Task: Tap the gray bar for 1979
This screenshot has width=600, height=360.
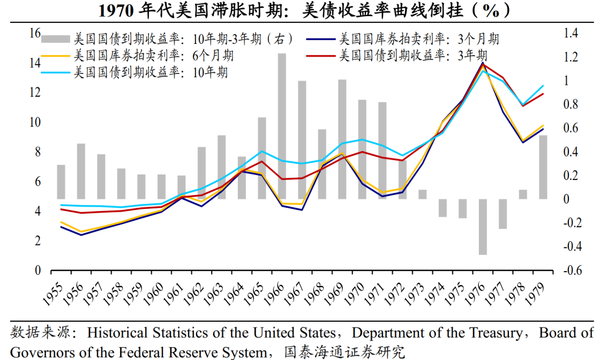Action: [543, 167]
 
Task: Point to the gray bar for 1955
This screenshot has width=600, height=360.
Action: [61, 182]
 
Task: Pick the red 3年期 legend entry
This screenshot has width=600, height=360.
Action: [411, 56]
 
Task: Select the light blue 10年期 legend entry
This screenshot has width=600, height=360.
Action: [151, 72]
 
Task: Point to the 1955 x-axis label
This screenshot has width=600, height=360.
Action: [54, 292]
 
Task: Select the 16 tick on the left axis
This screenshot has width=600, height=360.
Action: [34, 34]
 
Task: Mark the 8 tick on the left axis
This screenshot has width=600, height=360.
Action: [37, 152]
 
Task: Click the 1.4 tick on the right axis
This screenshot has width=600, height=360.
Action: [571, 34]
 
